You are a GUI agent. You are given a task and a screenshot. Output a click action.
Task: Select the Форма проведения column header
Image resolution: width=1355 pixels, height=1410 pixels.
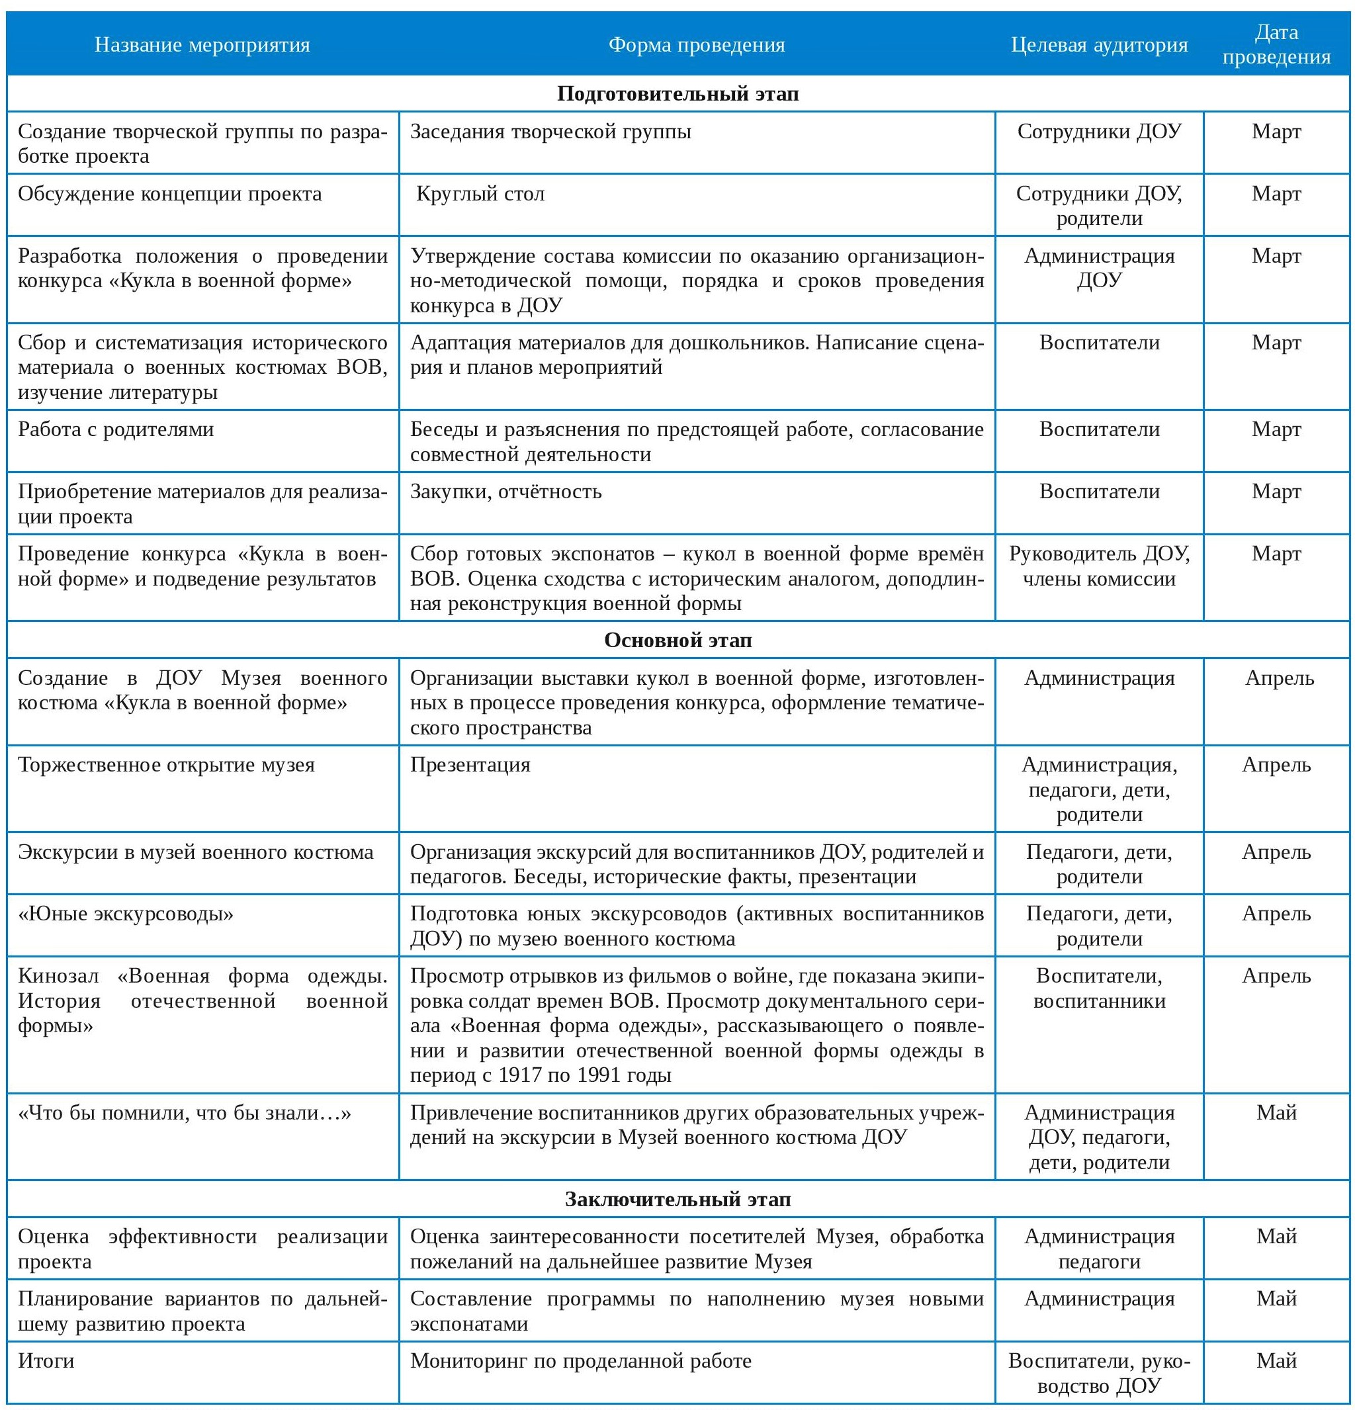point(696,44)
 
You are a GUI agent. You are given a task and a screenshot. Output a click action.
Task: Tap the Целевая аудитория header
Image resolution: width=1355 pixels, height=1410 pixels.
point(1098,44)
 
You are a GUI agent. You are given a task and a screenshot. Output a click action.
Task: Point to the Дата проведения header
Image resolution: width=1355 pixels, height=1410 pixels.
point(1276,44)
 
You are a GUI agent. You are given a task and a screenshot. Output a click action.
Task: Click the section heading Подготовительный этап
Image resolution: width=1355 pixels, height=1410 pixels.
point(677,93)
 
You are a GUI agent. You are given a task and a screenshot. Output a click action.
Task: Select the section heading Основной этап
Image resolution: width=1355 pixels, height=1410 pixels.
point(677,640)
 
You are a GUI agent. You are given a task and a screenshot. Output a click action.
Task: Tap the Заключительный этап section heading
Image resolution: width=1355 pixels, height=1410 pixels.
point(677,1198)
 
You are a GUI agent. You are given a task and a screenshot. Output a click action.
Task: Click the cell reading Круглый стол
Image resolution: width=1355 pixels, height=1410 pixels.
point(480,193)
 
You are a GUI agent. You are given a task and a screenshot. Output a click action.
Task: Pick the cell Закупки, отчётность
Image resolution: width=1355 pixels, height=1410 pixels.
point(505,492)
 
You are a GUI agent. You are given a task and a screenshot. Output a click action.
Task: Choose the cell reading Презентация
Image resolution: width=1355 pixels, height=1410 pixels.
point(470,764)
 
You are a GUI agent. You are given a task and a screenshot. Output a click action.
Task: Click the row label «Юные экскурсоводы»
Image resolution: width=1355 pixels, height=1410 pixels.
point(126,914)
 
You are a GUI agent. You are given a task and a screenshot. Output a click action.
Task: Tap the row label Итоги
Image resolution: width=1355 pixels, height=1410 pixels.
point(46,1360)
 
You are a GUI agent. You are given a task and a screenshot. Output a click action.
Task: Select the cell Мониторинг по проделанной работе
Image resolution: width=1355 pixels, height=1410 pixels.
point(580,1360)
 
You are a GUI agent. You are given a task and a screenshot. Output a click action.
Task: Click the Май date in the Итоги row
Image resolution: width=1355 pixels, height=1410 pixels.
point(1276,1360)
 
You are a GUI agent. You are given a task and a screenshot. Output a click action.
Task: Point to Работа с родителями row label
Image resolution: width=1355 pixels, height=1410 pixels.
point(116,429)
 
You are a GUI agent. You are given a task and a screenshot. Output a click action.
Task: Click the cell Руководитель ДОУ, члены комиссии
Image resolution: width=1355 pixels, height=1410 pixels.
point(1098,566)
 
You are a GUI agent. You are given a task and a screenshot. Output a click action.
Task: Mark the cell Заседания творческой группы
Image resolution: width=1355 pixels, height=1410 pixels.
point(550,132)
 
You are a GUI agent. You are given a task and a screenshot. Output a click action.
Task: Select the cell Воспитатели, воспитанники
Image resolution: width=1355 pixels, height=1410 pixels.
point(1098,988)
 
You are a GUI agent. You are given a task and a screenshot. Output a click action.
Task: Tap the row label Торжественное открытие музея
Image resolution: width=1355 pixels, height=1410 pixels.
point(166,764)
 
